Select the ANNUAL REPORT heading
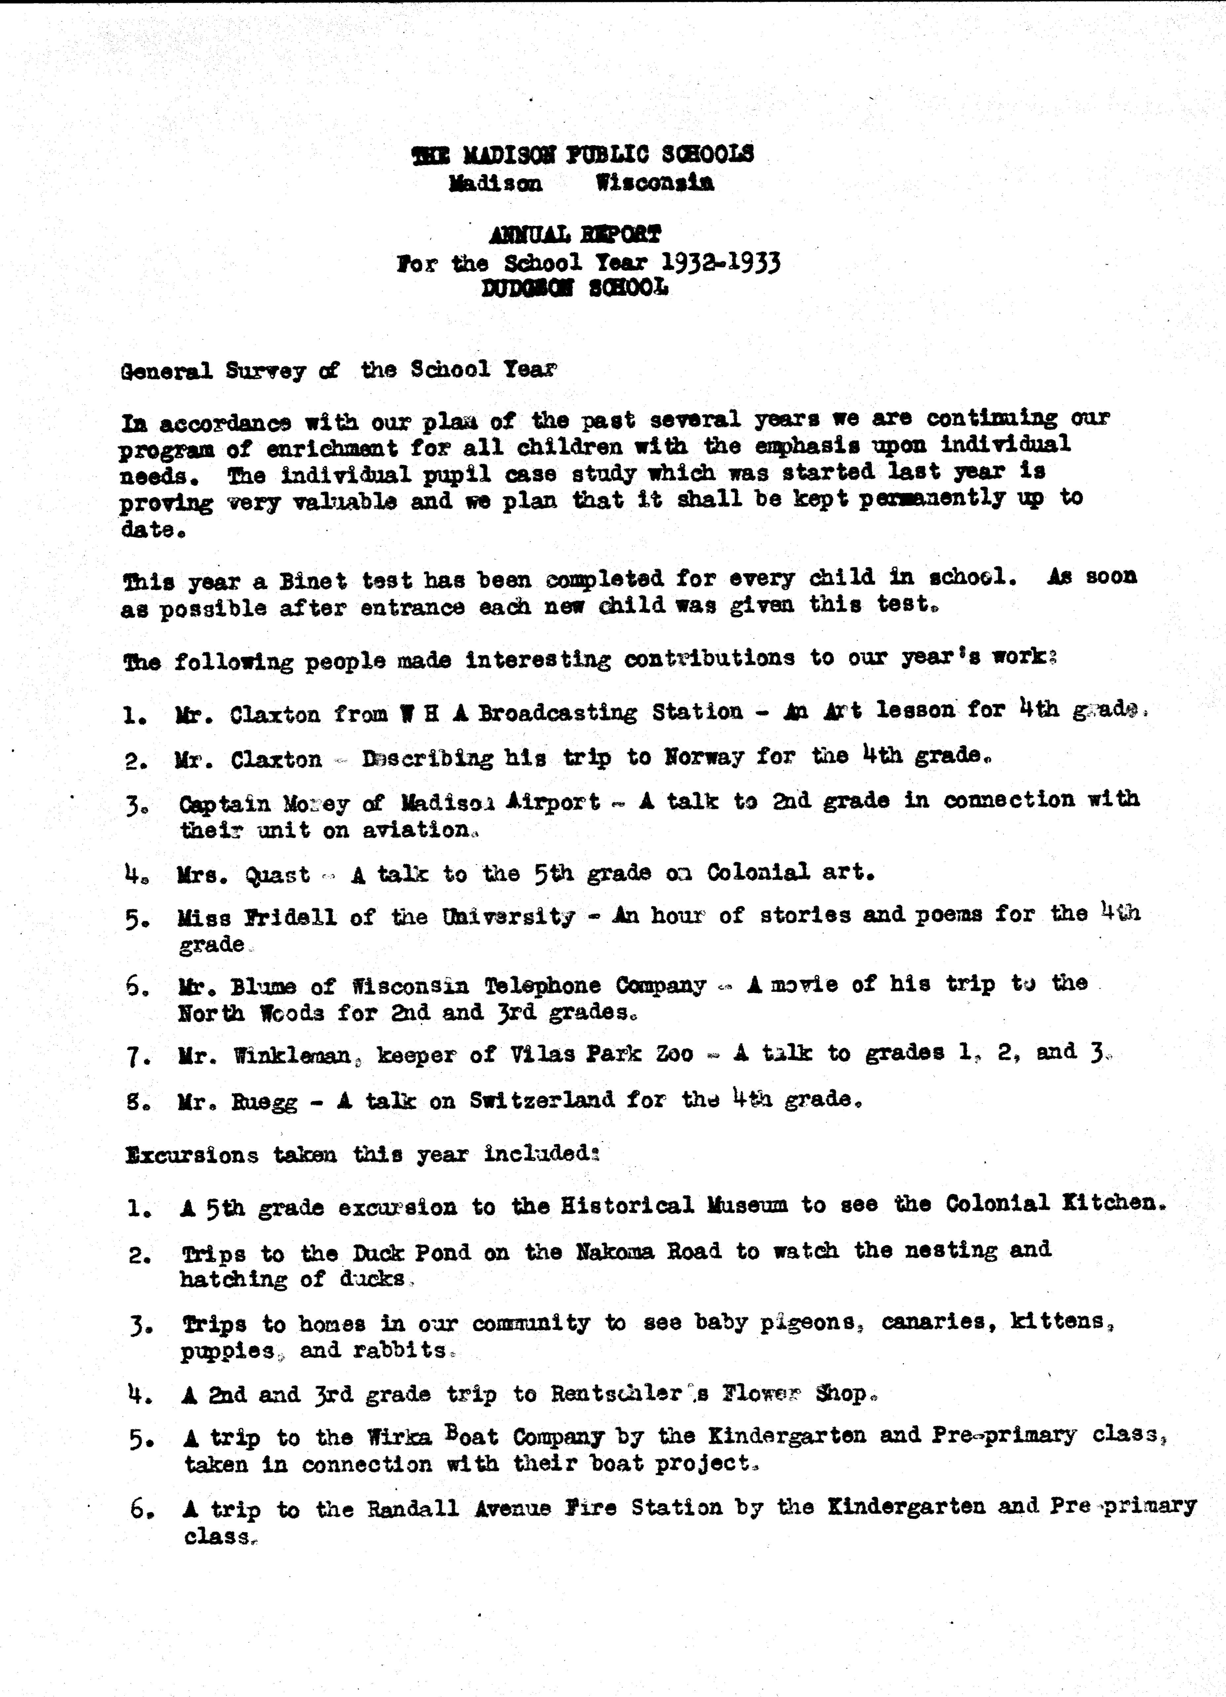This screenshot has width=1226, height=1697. pos(575,235)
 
